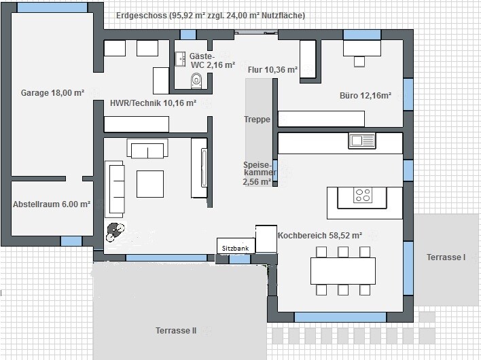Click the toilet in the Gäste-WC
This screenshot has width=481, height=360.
196,80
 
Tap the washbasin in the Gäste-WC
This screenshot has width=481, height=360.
181,59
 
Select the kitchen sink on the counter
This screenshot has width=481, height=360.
362,141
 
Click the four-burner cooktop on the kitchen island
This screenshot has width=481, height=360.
363,196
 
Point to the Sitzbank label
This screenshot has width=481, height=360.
235,249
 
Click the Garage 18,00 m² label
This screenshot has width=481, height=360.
52,93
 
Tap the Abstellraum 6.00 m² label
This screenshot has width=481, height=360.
52,204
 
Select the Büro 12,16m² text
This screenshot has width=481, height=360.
366,96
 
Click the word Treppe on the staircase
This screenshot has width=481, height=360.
257,120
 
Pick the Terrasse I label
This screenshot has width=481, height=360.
446,257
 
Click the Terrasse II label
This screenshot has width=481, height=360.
176,331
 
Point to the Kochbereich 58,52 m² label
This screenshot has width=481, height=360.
320,236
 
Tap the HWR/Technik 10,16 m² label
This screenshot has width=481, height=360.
153,103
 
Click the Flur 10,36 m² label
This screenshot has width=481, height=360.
272,70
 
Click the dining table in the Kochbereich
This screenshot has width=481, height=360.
343,271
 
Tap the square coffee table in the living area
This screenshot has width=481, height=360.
150,184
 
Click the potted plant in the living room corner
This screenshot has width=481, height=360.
115,232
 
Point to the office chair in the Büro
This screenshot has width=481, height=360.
359,62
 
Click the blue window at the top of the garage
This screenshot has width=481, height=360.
52,7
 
